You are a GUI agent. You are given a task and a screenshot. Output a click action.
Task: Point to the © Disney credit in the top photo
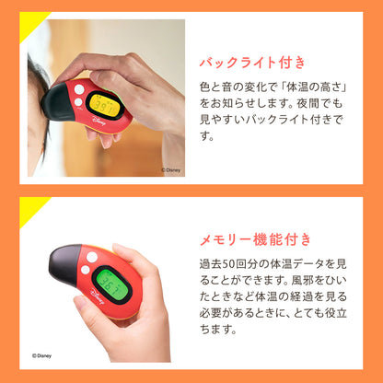[x=174, y=169]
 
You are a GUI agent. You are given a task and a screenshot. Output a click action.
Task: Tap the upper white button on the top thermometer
[x=79, y=90]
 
